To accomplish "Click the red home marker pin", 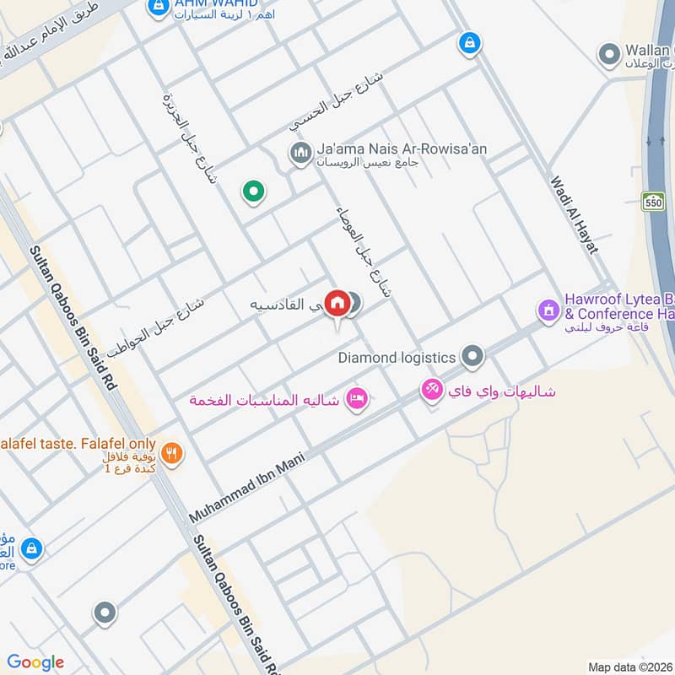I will pyautogui.click(x=337, y=302).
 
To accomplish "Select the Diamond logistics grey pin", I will pyautogui.click(x=472, y=357).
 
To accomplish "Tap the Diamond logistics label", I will pyautogui.click(x=397, y=358).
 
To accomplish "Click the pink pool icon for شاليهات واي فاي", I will pyautogui.click(x=432, y=390).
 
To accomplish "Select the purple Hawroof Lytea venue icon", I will pyautogui.click(x=549, y=310).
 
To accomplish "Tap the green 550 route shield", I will pyautogui.click(x=653, y=202).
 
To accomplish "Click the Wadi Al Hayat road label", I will pyautogui.click(x=574, y=214).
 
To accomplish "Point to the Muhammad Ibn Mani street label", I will pyautogui.click(x=246, y=486).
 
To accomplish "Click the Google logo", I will pyautogui.click(x=35, y=662).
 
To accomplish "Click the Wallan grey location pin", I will pyautogui.click(x=609, y=56).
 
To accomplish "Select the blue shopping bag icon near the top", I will pyautogui.click(x=468, y=41).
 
